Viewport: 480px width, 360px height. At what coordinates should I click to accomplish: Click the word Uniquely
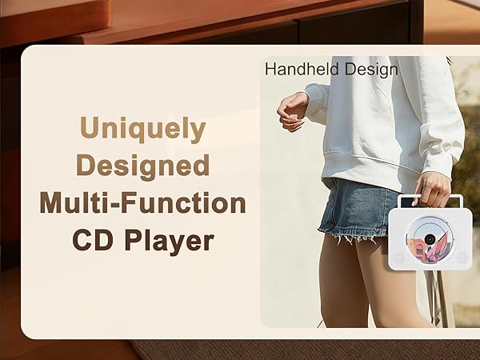click(143, 129)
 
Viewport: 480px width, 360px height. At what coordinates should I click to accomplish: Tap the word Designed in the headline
click(143, 166)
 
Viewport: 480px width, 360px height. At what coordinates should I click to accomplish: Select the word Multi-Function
click(143, 203)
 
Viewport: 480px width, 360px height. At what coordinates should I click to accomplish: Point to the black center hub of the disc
click(430, 238)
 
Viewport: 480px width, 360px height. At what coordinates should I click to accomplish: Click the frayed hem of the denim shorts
click(352, 237)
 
